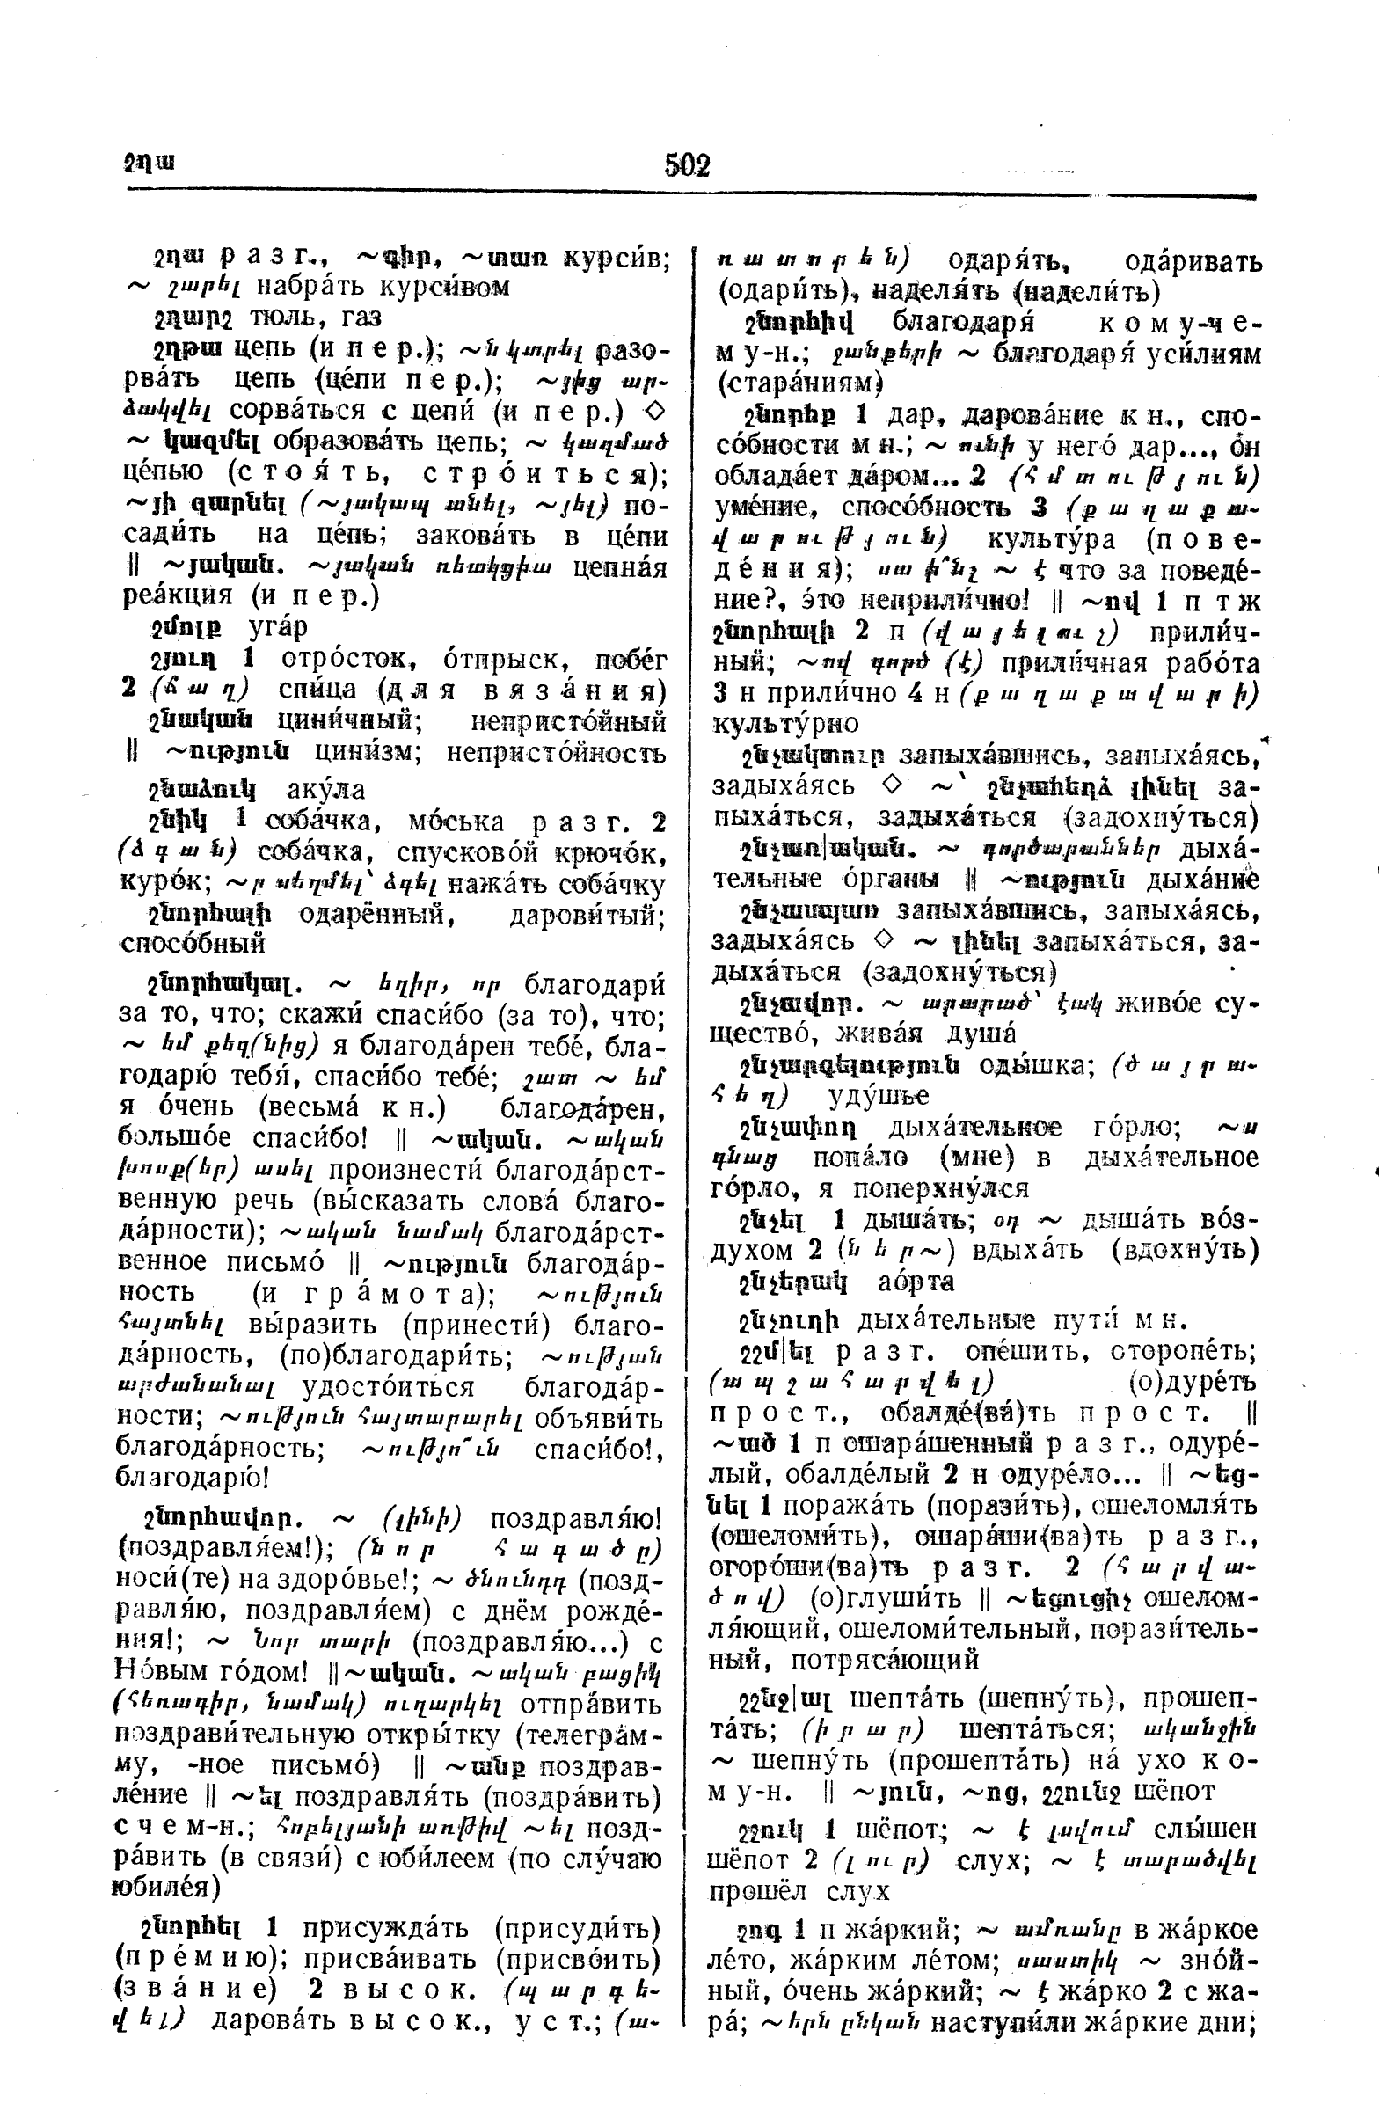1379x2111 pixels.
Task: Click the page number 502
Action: [687, 165]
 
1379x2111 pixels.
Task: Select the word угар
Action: [278, 627]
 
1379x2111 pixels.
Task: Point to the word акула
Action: [325, 789]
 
